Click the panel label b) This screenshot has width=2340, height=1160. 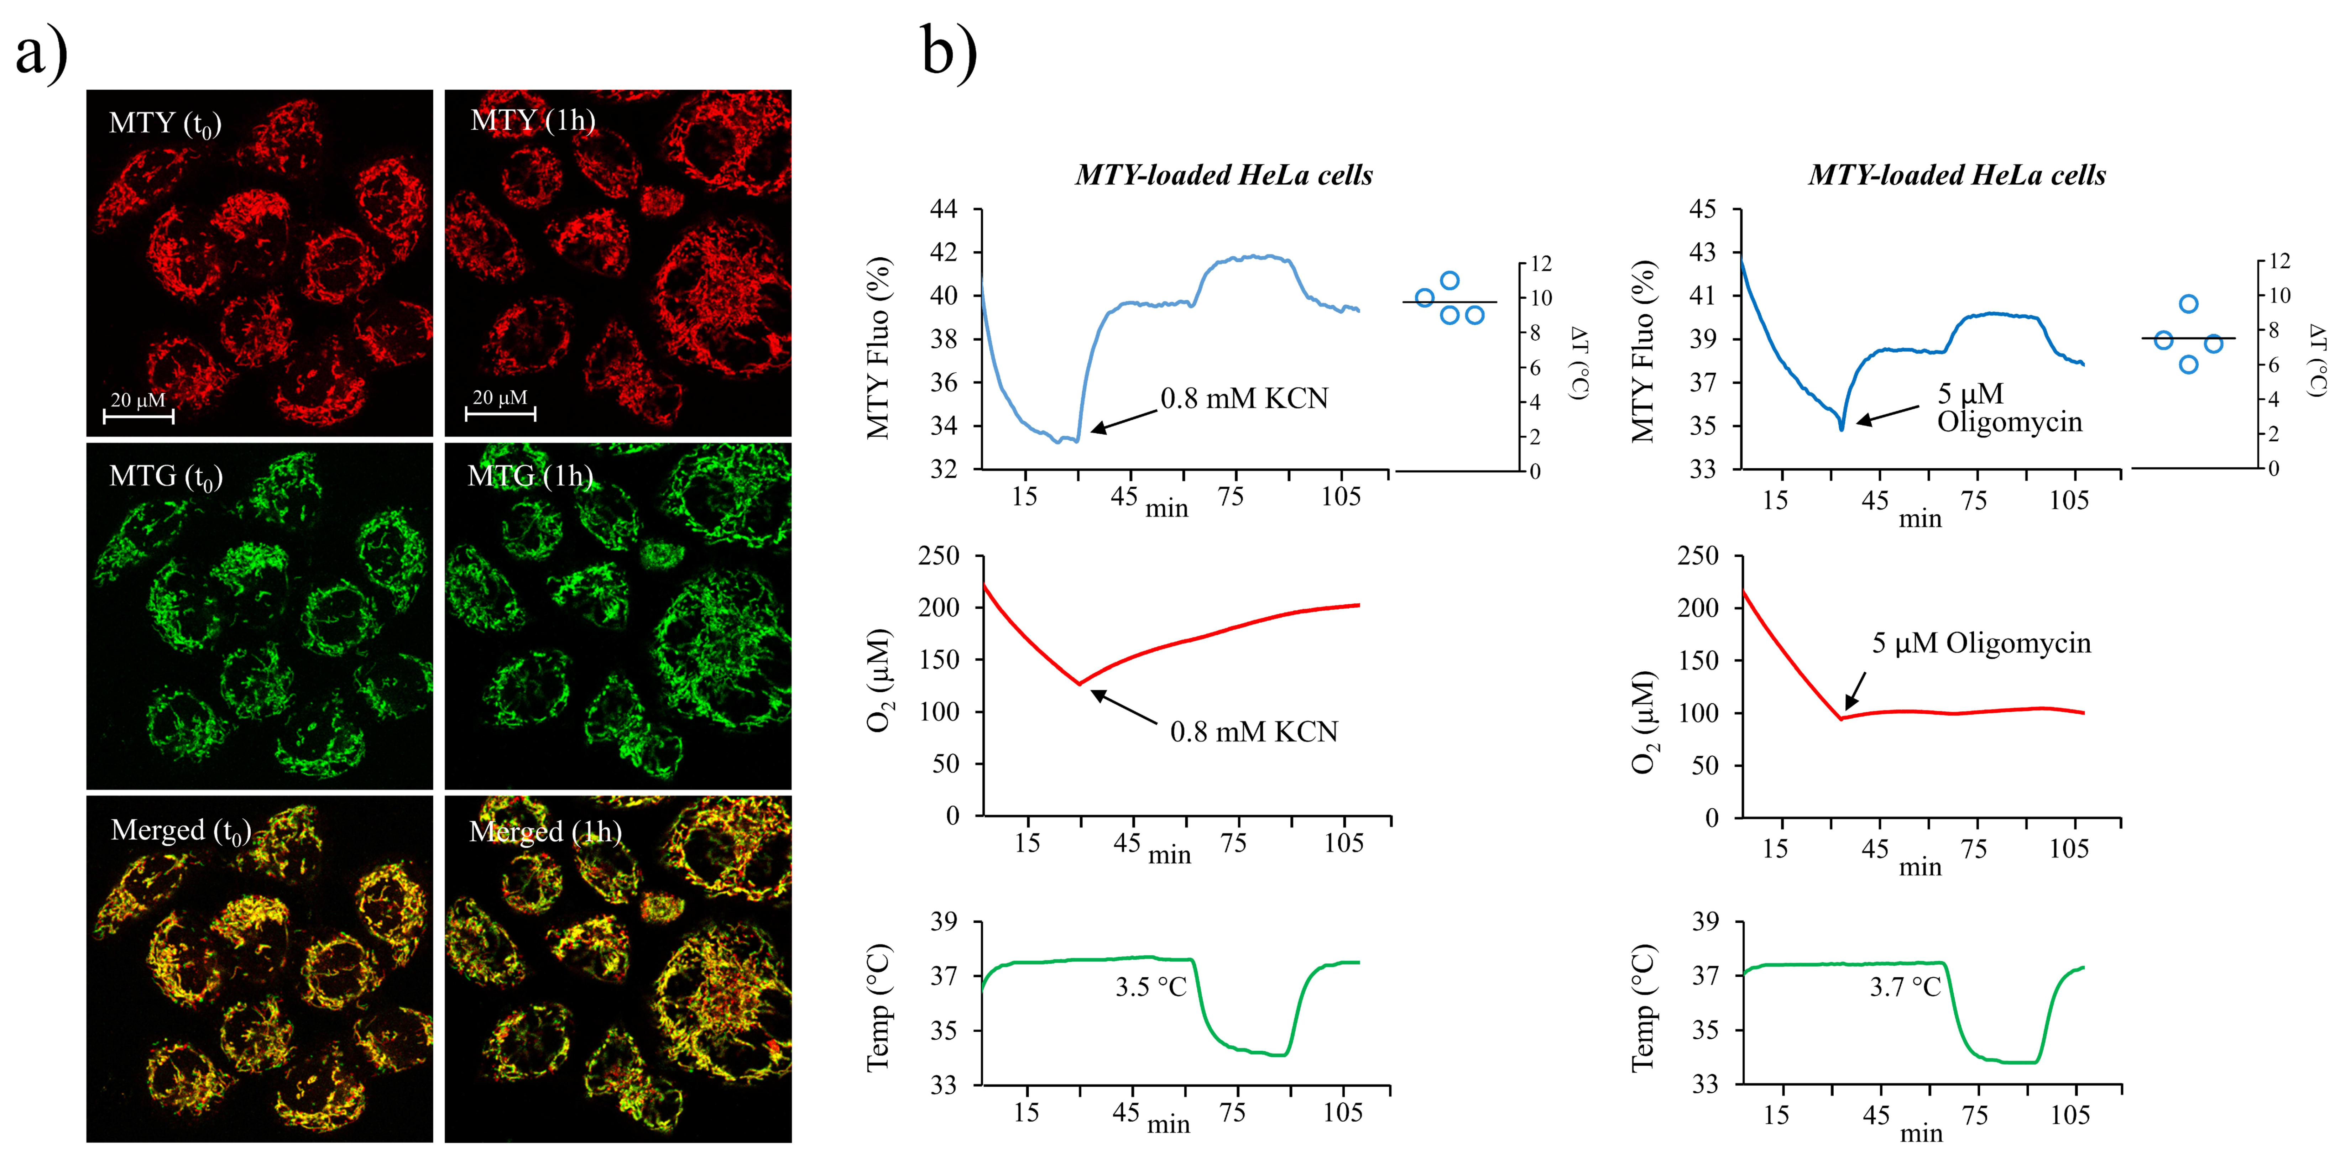(x=949, y=53)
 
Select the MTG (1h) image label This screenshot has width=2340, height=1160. (x=529, y=476)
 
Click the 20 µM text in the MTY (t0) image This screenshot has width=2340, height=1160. (x=138, y=400)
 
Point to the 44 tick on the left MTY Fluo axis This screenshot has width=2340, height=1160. (x=944, y=209)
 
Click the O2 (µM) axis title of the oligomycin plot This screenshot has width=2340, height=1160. (x=1644, y=722)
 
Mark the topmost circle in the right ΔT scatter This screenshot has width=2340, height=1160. (x=2188, y=303)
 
